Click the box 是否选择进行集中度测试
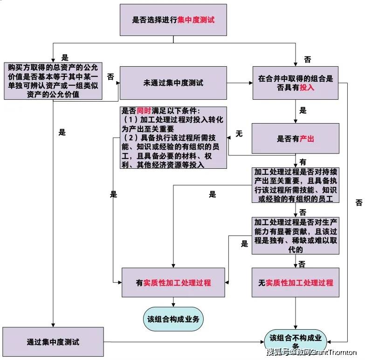pos(173,20)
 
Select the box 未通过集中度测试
pos(173,83)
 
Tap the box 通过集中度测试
pos(53,342)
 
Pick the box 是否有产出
pos(296,138)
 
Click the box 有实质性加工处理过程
pos(173,283)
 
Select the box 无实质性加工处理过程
pos(296,283)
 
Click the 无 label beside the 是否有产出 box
pos(239,133)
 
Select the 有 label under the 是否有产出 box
pos(303,162)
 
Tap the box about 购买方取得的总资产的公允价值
pos(53,81)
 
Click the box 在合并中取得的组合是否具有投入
pos(296,83)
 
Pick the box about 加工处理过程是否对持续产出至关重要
pos(296,185)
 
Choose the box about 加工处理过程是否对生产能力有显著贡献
pos(296,235)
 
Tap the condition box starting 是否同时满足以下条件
pos(173,138)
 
